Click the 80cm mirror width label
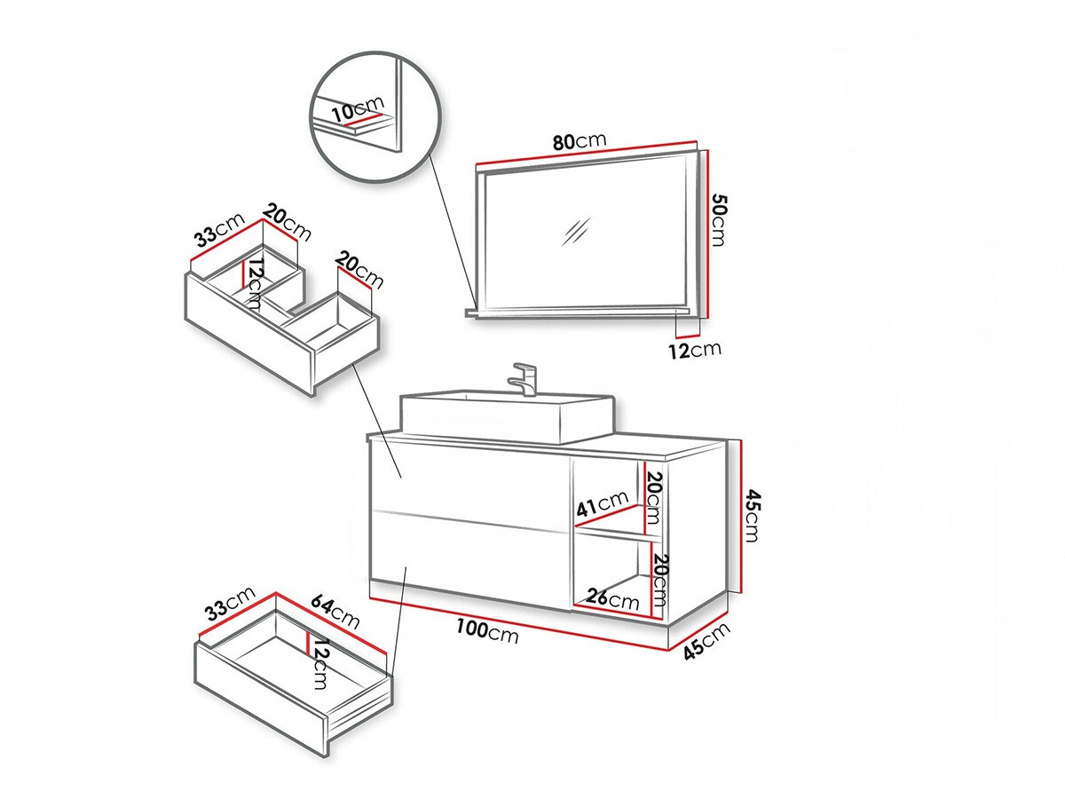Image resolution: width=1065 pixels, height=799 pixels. tap(578, 142)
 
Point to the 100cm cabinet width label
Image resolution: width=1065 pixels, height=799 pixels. tap(487, 631)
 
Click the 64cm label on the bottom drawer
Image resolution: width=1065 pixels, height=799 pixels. tap(334, 612)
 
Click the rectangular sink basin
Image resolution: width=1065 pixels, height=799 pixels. tap(506, 417)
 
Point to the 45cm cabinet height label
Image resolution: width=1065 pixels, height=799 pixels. tap(751, 515)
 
